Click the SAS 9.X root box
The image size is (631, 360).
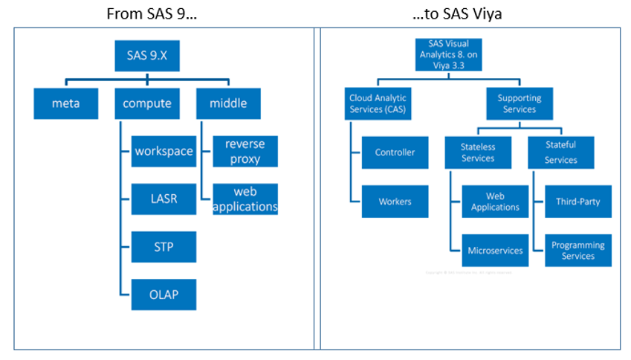click(x=147, y=55)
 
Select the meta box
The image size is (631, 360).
click(x=65, y=103)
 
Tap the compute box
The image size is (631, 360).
click(x=147, y=103)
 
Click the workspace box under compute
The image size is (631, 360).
click(x=164, y=151)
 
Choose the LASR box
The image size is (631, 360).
click(x=164, y=199)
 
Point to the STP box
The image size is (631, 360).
click(x=164, y=246)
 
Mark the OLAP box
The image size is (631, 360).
click(x=164, y=294)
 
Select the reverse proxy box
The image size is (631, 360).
click(x=245, y=151)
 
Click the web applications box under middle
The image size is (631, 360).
click(x=245, y=199)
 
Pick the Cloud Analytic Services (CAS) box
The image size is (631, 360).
click(x=378, y=103)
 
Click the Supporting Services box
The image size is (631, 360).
click(x=520, y=103)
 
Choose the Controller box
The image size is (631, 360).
click(x=395, y=152)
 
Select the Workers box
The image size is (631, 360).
click(x=395, y=202)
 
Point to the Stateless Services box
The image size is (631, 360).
click(x=478, y=152)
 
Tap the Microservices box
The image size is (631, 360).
click(x=495, y=251)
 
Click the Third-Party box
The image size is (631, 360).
click(x=578, y=202)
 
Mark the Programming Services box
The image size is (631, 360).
click(x=578, y=251)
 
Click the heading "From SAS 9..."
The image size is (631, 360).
click(x=155, y=14)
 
